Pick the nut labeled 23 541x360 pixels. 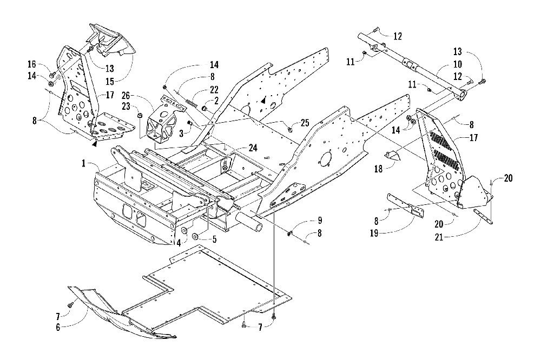coord(140,116)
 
